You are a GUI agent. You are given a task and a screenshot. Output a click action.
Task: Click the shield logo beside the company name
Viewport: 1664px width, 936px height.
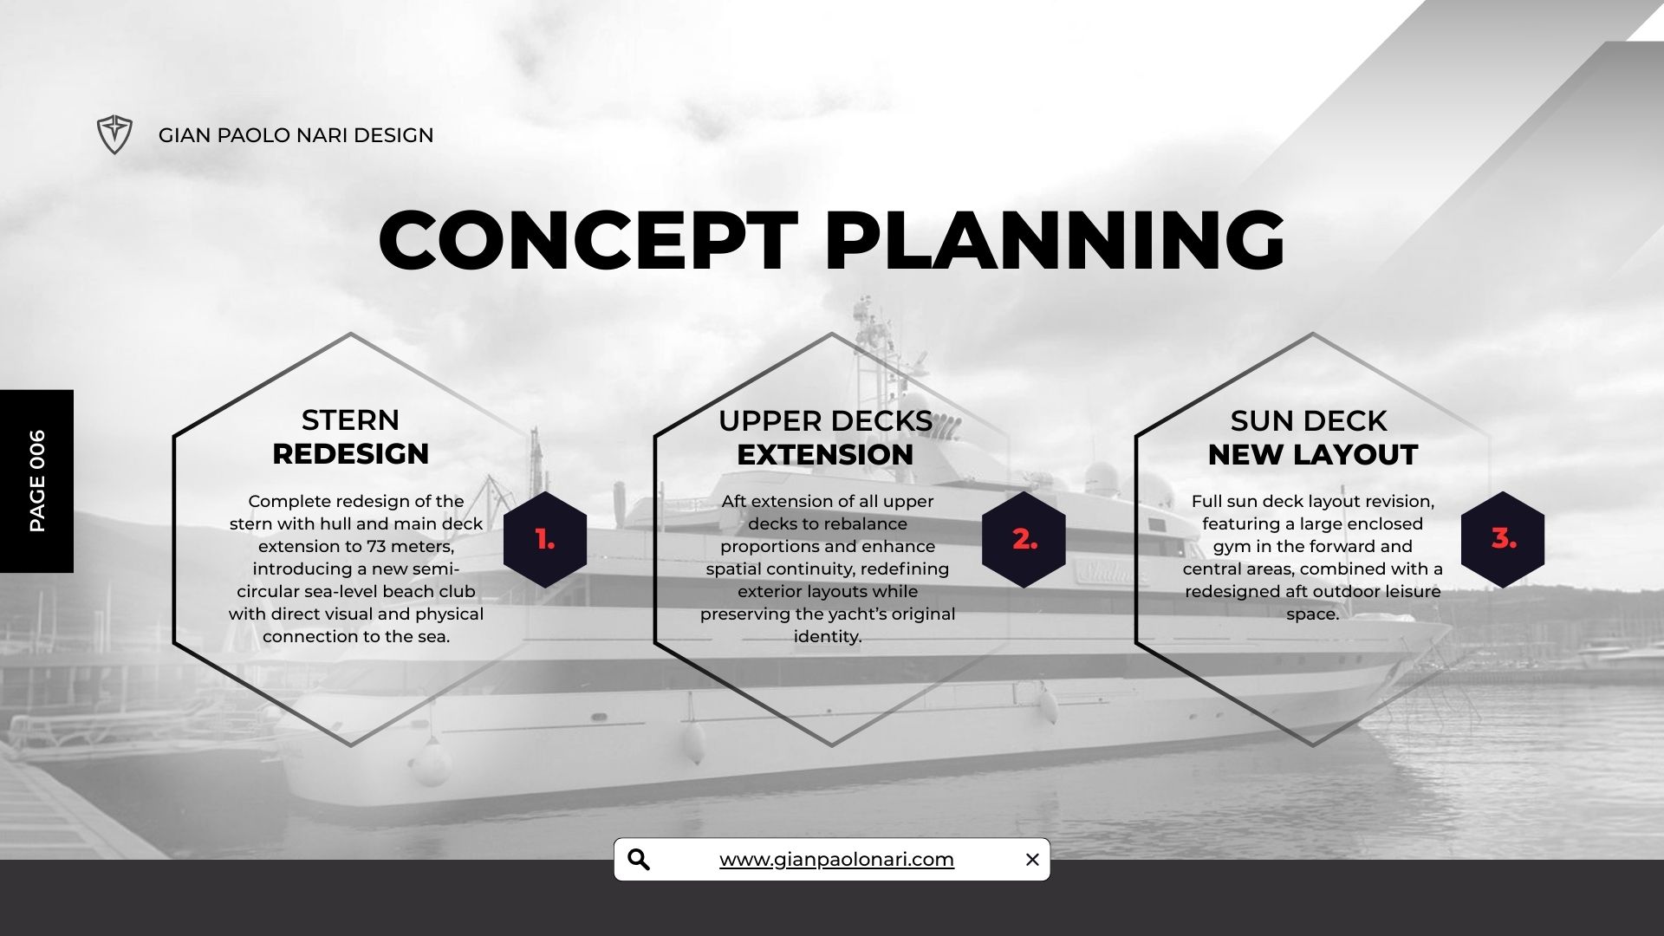click(x=114, y=135)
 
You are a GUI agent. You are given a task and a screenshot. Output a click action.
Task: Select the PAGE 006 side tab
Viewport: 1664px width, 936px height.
click(x=36, y=481)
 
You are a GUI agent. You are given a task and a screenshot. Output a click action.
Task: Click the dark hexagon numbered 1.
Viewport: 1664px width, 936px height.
click(x=545, y=539)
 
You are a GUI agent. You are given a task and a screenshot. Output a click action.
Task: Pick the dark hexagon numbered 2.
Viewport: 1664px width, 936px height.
click(x=1024, y=539)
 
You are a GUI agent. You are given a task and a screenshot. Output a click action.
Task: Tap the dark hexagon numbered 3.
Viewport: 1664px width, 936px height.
click(x=1503, y=539)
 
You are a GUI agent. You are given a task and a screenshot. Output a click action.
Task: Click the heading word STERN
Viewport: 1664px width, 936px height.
click(x=350, y=420)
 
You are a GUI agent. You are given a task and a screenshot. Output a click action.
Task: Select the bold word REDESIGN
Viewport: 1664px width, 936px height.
click(x=350, y=454)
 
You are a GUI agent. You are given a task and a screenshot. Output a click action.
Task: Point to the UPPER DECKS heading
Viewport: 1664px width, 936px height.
click(x=825, y=421)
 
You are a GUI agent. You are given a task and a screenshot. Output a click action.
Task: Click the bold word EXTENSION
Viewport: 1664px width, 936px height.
click(x=825, y=455)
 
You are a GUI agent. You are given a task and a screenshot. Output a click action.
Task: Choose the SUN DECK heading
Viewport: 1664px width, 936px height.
click(x=1309, y=421)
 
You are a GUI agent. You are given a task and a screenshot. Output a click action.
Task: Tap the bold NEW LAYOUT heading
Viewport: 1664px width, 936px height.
click(x=1312, y=455)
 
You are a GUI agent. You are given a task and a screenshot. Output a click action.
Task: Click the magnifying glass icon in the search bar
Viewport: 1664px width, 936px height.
click(x=639, y=860)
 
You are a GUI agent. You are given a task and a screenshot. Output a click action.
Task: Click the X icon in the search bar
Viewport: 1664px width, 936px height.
click(x=1032, y=860)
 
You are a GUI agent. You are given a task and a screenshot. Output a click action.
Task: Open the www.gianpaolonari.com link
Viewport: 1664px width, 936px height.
click(x=836, y=860)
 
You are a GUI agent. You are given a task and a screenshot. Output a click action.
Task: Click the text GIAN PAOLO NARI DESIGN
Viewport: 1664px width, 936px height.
click(x=296, y=135)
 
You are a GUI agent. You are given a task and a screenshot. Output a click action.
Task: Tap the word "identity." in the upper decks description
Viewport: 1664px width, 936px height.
click(x=828, y=637)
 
